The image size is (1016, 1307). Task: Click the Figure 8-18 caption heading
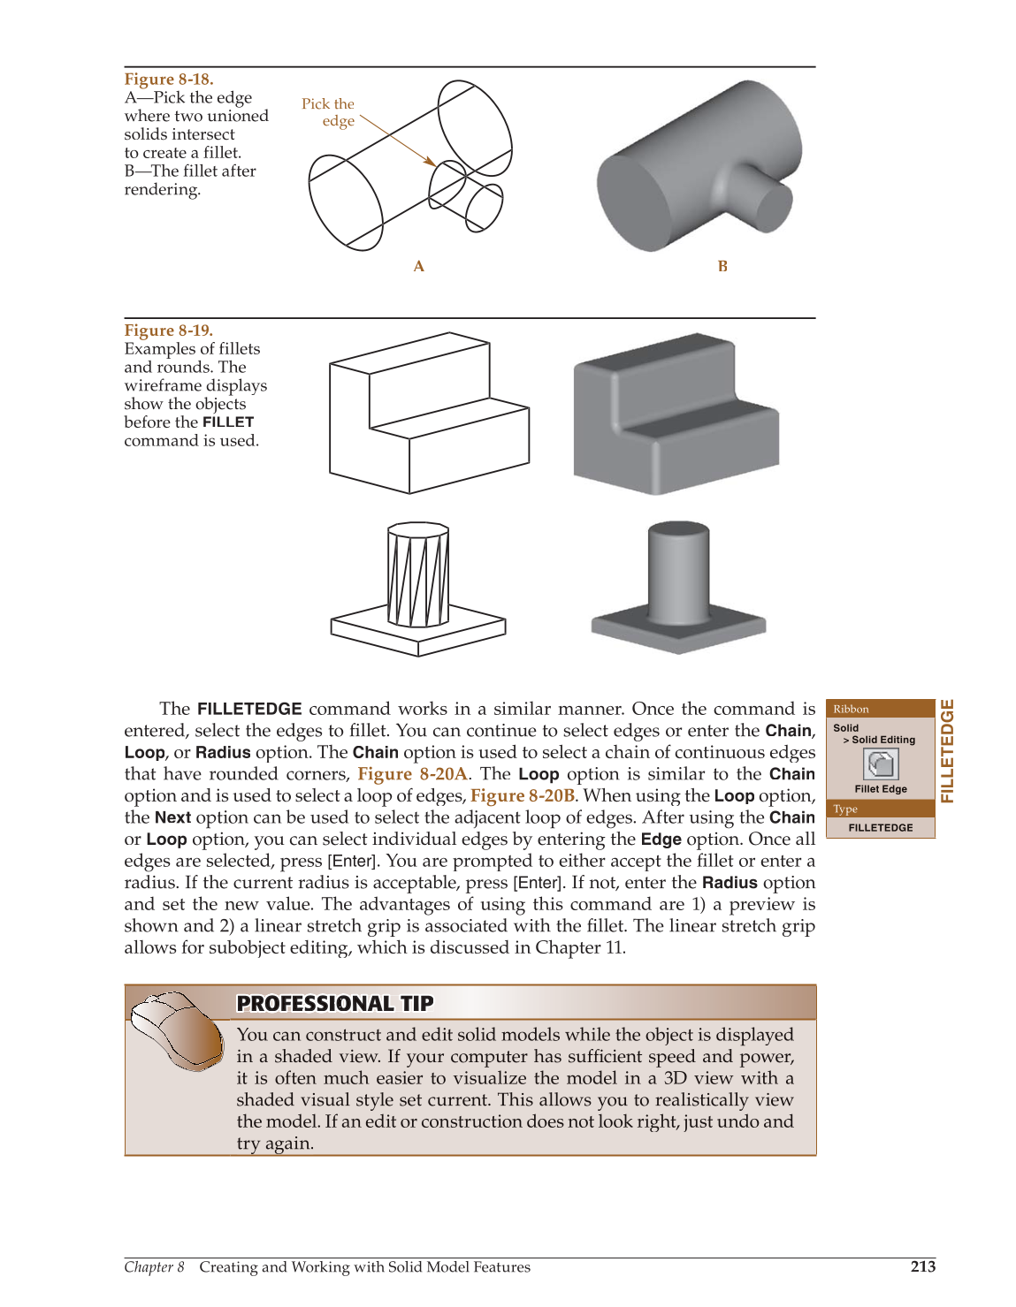click(x=168, y=80)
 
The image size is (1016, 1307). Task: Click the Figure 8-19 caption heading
click(x=168, y=331)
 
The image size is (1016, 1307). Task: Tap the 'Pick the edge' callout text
click(x=328, y=112)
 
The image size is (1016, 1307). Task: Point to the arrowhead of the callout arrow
click(x=432, y=163)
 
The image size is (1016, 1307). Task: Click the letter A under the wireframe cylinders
click(x=418, y=266)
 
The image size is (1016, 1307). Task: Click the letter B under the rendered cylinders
click(x=722, y=266)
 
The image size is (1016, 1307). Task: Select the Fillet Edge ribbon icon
click(x=880, y=764)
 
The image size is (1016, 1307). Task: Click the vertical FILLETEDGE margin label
click(x=947, y=751)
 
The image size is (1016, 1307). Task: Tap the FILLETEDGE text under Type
click(x=880, y=828)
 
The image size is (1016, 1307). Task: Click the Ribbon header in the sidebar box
click(x=851, y=709)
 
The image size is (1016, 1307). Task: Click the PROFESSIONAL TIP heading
click(x=335, y=1003)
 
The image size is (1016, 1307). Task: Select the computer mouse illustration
click(x=177, y=1030)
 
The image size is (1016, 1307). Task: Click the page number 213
click(x=922, y=1266)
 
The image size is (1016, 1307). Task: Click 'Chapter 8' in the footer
click(x=154, y=1266)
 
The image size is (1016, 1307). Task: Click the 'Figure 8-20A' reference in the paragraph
click(x=412, y=774)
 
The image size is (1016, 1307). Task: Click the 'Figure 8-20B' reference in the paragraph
click(x=523, y=795)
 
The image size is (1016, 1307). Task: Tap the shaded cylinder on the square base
click(x=678, y=574)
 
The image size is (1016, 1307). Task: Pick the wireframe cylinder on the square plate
click(x=418, y=574)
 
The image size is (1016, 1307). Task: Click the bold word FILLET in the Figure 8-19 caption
click(x=227, y=422)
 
